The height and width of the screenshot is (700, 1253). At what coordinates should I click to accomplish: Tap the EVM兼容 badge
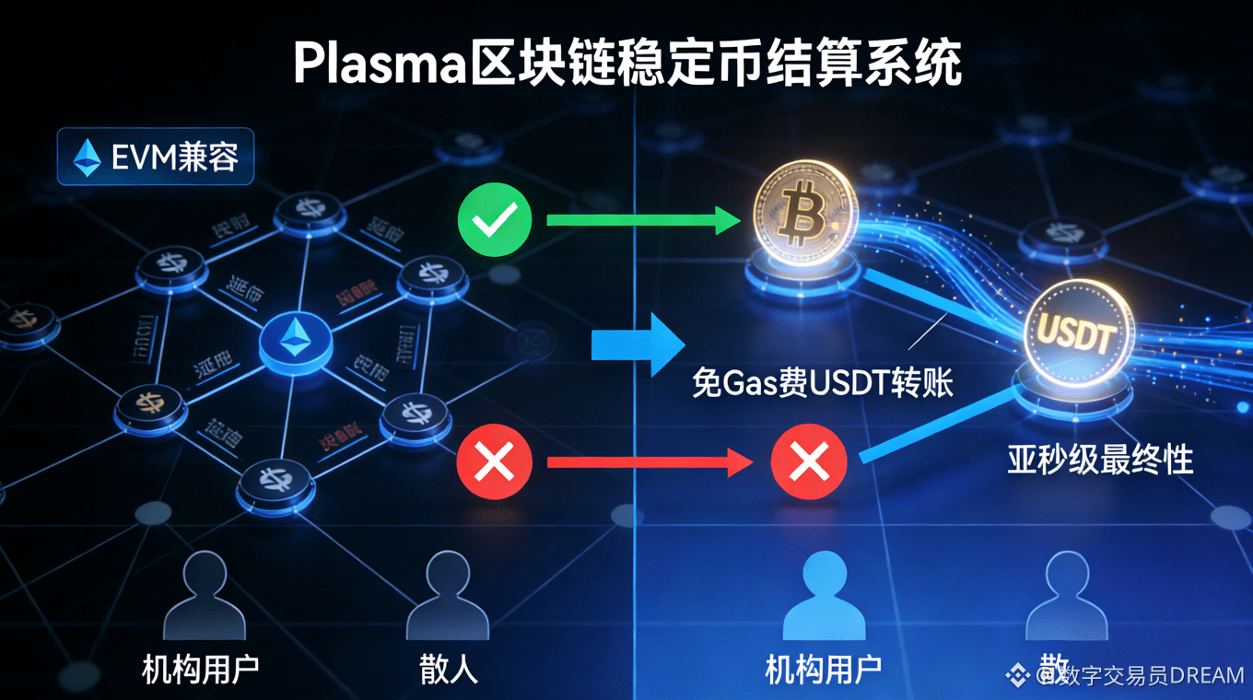tap(155, 157)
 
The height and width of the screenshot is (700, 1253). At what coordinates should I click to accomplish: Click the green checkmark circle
tap(495, 219)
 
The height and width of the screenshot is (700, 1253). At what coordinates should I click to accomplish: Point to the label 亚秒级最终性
tap(1100, 458)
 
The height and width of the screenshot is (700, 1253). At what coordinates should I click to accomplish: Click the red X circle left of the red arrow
tap(495, 461)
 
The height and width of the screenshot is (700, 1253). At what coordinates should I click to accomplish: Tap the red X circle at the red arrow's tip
tap(808, 461)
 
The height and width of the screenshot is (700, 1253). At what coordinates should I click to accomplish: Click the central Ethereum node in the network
tap(295, 341)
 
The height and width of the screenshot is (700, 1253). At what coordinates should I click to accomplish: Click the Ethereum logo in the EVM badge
tap(88, 157)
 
